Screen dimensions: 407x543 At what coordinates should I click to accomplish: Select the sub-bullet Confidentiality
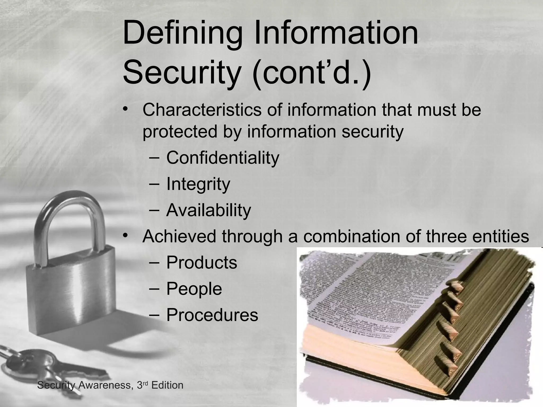click(x=223, y=158)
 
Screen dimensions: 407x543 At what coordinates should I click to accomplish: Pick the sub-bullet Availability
click(x=208, y=210)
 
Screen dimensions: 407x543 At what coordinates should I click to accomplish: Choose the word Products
click(x=202, y=263)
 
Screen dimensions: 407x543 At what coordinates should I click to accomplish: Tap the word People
click(x=194, y=289)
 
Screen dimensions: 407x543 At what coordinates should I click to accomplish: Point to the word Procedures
click(x=212, y=315)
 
